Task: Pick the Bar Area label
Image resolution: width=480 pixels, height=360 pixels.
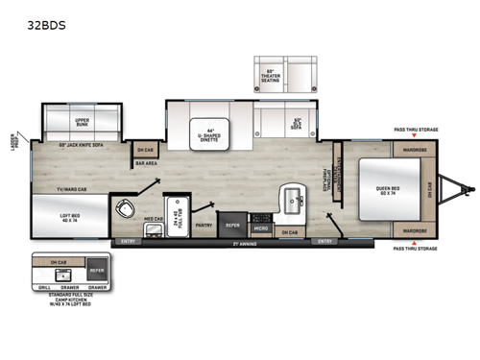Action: [146, 163]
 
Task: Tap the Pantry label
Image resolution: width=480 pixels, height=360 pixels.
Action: [203, 225]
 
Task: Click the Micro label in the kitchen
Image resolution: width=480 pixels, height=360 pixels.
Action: [260, 228]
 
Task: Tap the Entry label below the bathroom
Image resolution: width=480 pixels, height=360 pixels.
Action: [128, 241]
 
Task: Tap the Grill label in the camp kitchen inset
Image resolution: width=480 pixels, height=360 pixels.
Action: [43, 285]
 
